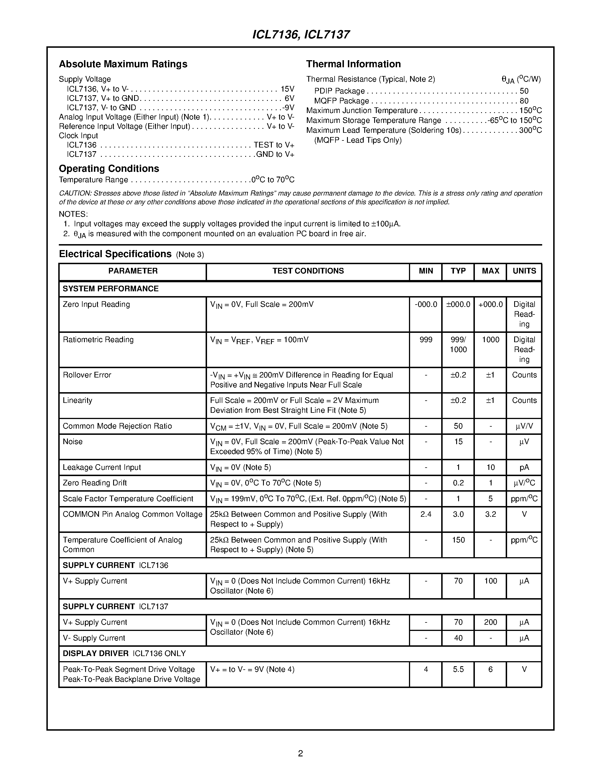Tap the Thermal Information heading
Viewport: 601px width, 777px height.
[353, 64]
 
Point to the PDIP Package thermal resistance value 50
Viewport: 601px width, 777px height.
[524, 91]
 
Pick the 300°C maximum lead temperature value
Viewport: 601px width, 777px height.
[530, 131]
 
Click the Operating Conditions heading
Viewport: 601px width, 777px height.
[109, 169]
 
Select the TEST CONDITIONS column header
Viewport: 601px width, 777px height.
[308, 271]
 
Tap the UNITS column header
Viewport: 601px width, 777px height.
[524, 271]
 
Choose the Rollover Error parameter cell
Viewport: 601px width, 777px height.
[87, 375]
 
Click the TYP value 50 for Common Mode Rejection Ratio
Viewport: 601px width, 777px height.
[458, 426]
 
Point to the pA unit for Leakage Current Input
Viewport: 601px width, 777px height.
[524, 468]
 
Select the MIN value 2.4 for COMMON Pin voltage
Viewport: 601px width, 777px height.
[426, 515]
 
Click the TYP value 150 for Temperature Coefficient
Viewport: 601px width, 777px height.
[458, 540]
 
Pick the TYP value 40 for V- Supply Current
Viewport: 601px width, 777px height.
[458, 638]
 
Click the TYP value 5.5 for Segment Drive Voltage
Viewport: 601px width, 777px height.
[458, 670]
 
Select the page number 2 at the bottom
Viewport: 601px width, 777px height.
[300, 753]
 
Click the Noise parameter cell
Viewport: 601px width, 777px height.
[73, 442]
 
